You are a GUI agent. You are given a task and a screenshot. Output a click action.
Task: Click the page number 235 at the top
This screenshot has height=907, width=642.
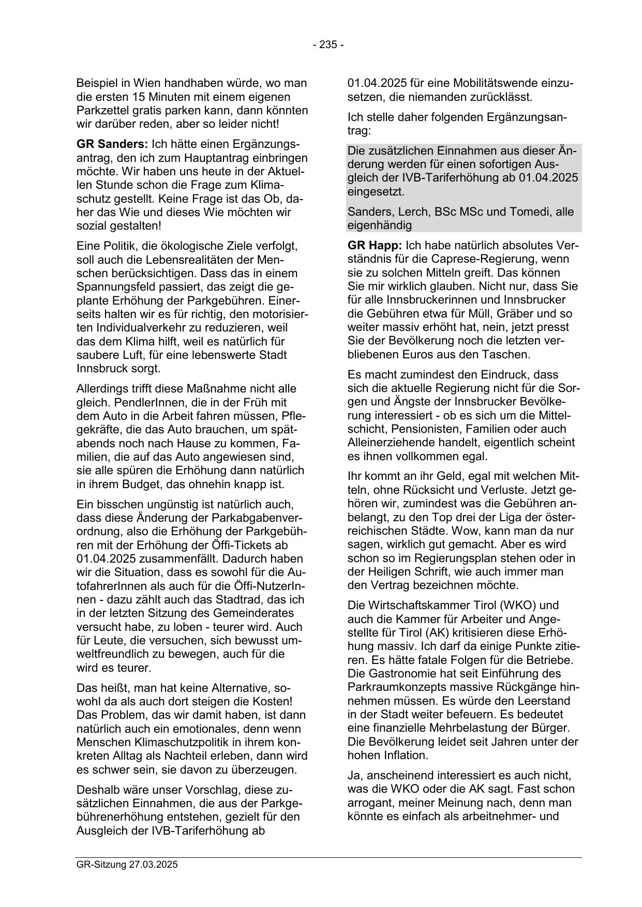(328, 44)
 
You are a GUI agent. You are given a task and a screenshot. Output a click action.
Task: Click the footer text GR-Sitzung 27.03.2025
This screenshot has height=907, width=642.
(127, 865)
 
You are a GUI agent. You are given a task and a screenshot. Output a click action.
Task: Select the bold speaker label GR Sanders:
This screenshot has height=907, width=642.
(112, 144)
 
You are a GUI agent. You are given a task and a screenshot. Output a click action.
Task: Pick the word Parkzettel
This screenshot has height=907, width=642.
(102, 111)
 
